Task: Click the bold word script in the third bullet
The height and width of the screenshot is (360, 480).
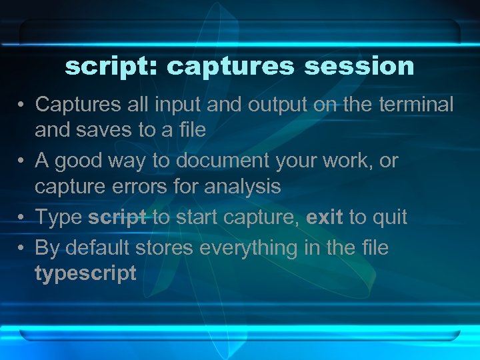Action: (117, 217)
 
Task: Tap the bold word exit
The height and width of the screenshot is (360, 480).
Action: (325, 217)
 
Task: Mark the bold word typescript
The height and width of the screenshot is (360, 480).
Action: (85, 273)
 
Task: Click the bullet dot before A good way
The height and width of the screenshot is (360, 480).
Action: (22, 161)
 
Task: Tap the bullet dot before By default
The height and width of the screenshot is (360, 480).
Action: (22, 249)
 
